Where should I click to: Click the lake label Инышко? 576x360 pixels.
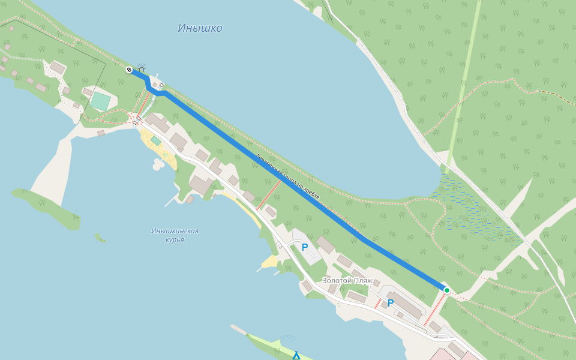pos(200,28)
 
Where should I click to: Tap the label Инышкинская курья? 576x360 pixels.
pos(175,235)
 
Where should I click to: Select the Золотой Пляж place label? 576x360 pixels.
pos(347,280)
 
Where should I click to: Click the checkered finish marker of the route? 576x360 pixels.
pos(129,70)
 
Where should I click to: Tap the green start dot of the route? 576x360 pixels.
pos(446,290)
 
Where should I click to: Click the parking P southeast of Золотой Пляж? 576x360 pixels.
pos(390,303)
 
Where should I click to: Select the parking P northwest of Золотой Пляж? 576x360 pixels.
pos(304,247)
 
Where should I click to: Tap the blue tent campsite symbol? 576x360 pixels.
pos(296,356)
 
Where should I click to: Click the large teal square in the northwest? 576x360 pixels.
pos(100,101)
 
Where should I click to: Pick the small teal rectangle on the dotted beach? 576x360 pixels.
pos(155,140)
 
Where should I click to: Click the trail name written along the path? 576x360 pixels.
pos(288,177)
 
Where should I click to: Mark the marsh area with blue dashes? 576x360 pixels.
pos(474,210)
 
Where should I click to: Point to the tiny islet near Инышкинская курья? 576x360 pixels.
pos(99,238)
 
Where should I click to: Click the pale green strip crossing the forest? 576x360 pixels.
pos(465,78)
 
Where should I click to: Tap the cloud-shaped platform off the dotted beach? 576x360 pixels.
pos(158,163)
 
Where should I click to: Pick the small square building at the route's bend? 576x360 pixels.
pos(154,85)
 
